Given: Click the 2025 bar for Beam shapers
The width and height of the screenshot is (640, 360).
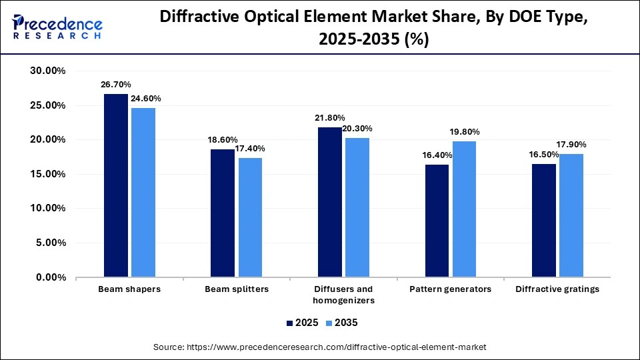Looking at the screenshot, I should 115,185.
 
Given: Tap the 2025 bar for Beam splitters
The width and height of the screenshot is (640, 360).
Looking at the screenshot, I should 223,213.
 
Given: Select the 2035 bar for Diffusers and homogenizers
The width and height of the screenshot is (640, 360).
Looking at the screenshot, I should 357,207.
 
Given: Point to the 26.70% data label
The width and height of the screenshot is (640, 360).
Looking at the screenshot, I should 115,85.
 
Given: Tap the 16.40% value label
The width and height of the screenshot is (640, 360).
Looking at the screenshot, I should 437,155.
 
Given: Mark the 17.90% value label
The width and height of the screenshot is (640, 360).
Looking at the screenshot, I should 571,145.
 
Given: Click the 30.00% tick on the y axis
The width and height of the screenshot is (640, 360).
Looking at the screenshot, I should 49,71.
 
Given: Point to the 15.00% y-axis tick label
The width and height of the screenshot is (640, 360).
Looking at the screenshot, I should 49,174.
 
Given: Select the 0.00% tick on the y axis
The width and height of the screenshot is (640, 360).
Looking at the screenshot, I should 51,277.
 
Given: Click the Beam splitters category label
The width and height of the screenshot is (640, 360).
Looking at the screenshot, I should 236,289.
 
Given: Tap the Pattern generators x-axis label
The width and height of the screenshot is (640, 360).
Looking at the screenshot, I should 451,289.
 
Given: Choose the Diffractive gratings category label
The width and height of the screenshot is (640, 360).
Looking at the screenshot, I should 557,289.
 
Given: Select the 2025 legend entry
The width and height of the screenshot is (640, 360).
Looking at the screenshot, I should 301,323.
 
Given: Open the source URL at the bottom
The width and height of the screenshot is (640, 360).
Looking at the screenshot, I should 320,347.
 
